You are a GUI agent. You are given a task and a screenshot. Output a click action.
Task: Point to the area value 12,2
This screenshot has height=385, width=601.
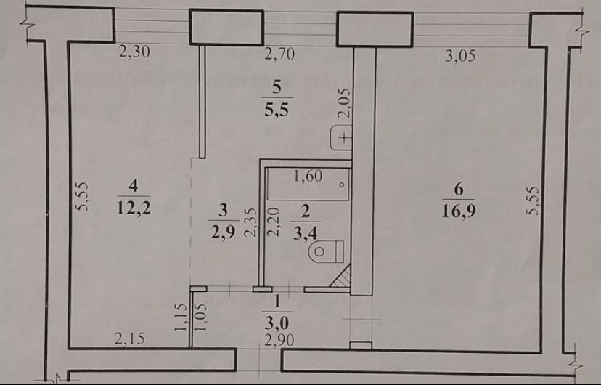133,211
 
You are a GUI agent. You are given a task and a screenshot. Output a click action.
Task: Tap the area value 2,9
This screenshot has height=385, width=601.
223,232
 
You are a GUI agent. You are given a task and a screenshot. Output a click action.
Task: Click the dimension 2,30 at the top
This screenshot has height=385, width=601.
133,52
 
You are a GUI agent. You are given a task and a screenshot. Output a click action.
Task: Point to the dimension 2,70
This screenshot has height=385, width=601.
279,53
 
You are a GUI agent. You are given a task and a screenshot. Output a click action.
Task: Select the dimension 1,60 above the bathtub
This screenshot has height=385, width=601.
307,175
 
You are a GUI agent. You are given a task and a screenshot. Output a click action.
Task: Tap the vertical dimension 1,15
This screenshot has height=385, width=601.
182,317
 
